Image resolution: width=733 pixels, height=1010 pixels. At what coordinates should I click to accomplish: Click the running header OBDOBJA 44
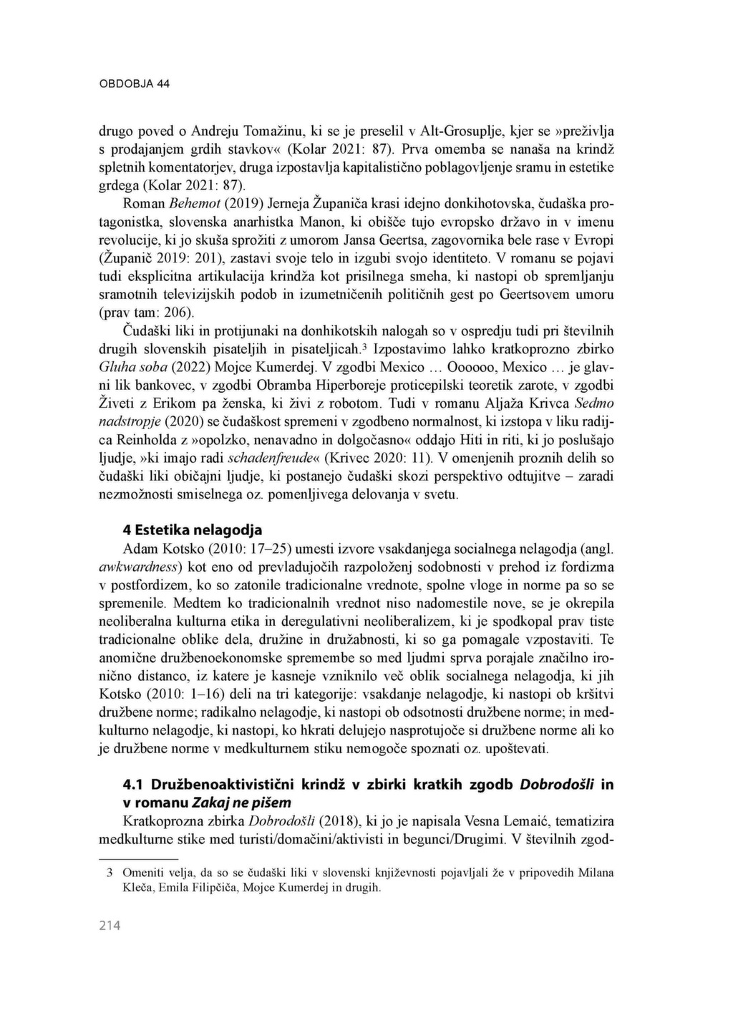[x=134, y=84]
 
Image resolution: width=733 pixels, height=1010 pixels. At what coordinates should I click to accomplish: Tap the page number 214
[x=110, y=926]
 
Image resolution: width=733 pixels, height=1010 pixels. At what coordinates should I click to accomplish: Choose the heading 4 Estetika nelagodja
[x=193, y=530]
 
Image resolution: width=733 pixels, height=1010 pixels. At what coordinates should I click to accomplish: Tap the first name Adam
[x=140, y=549]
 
